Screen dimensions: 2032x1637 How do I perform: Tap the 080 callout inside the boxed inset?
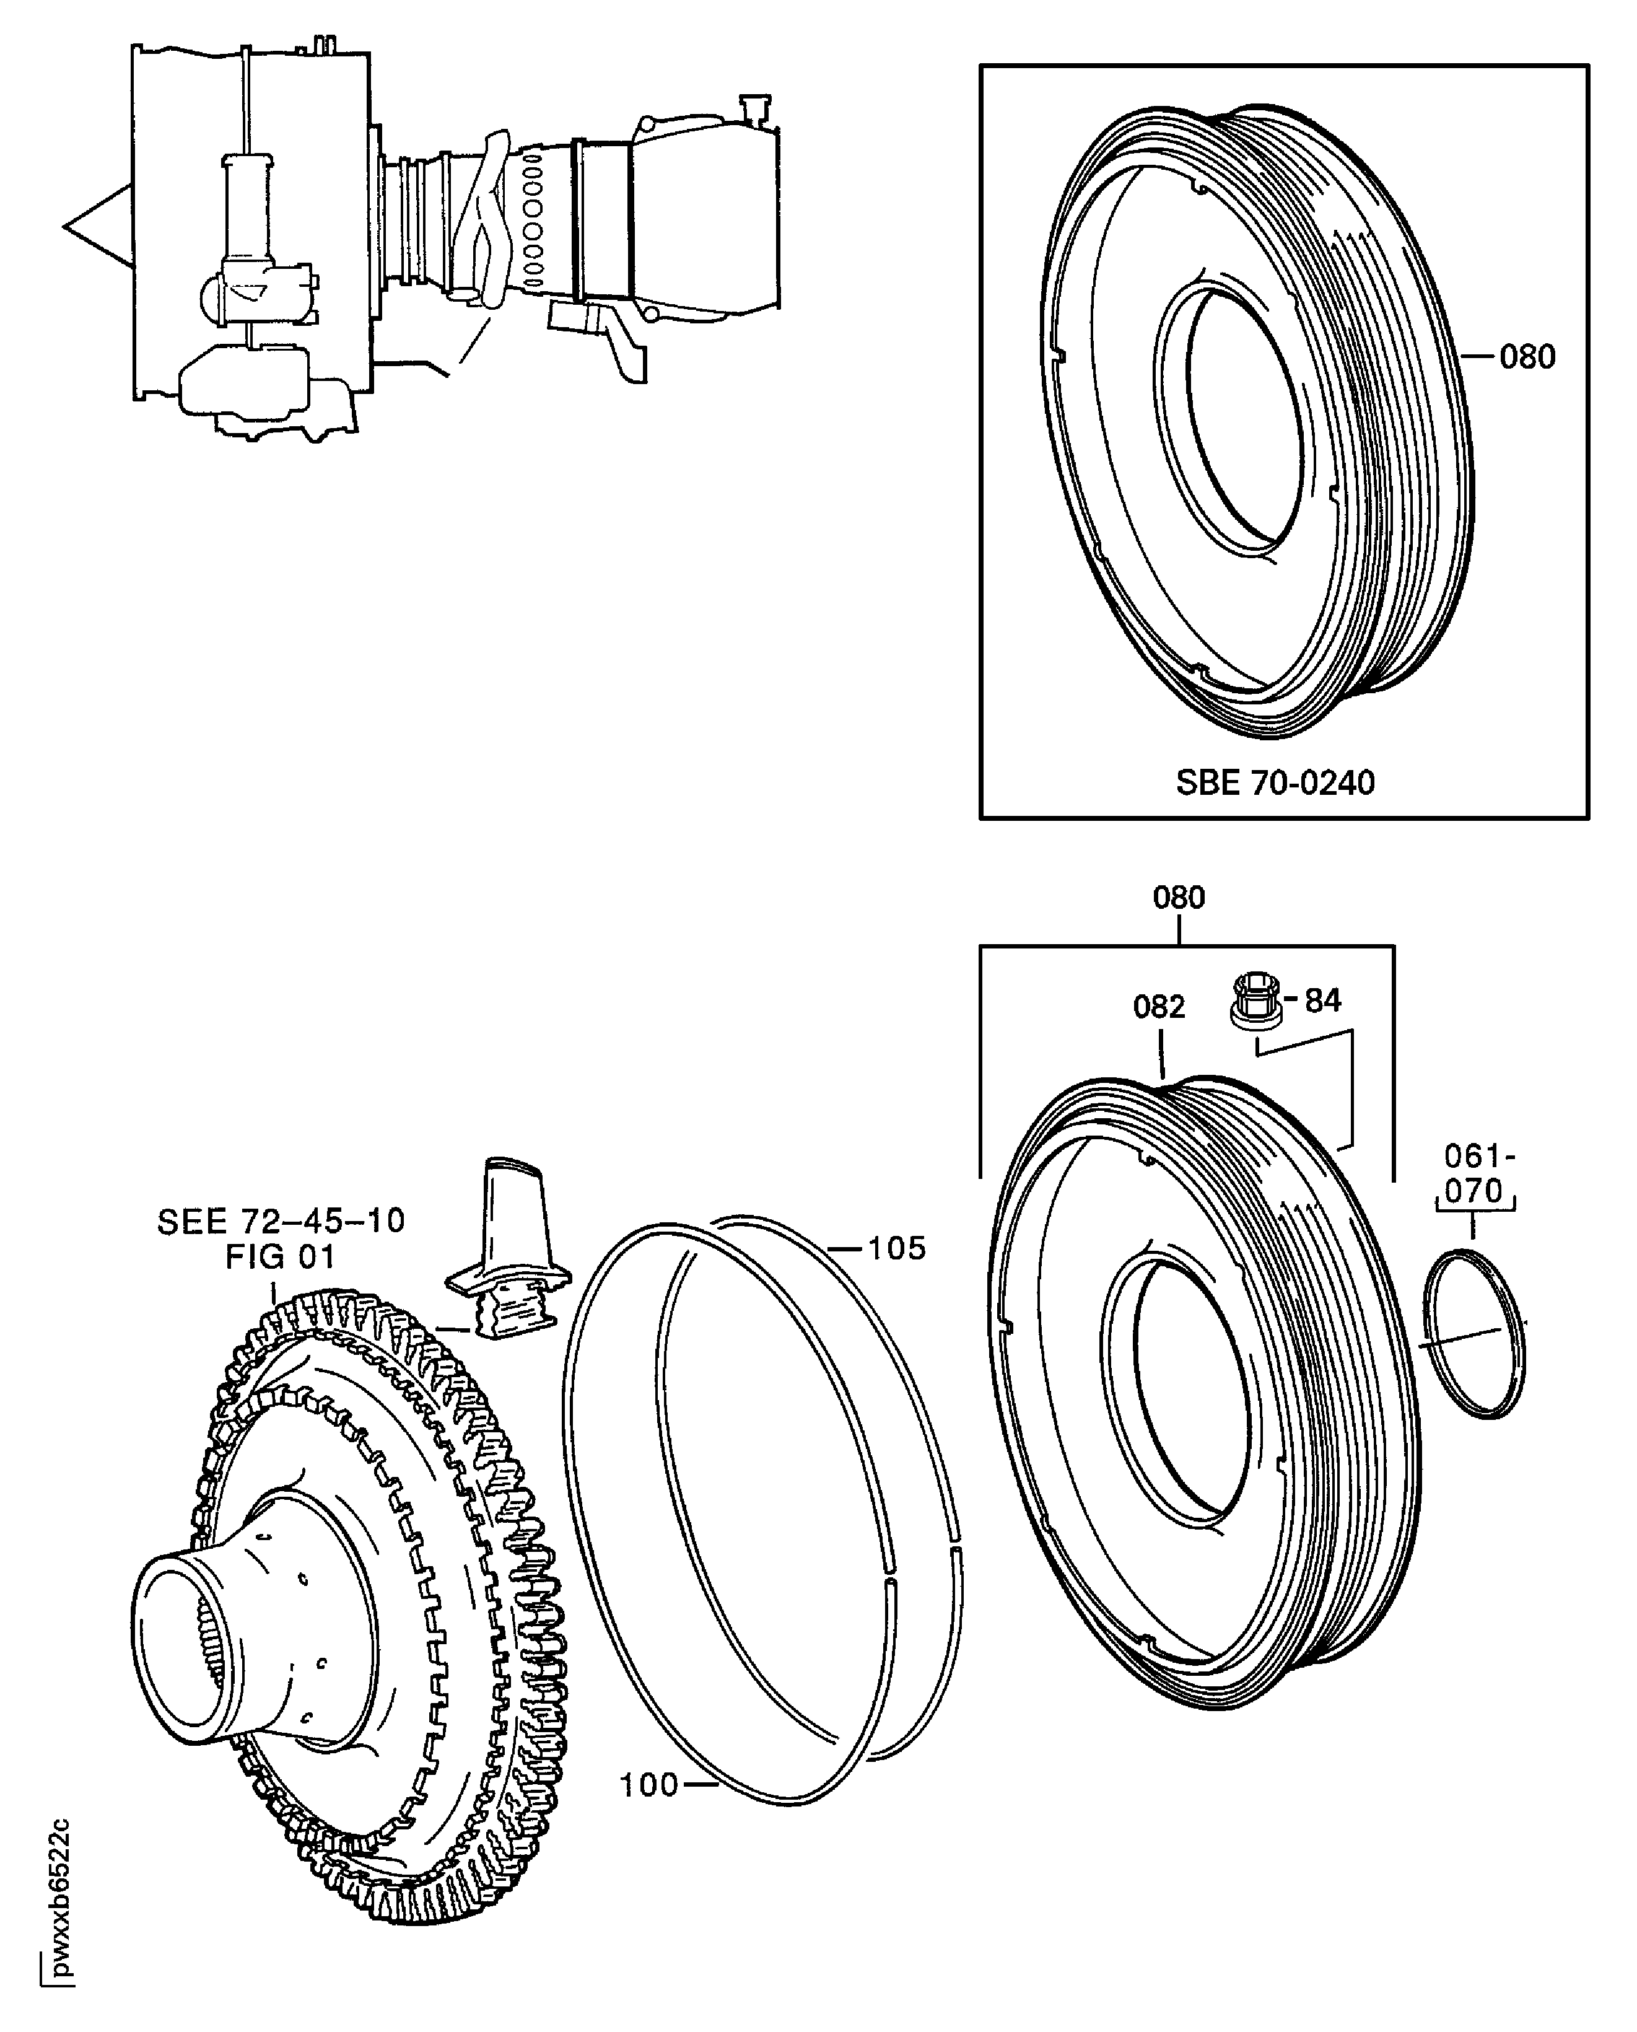click(1527, 357)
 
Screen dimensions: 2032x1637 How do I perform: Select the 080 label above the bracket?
click(1179, 898)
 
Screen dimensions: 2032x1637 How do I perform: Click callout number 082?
click(1158, 1007)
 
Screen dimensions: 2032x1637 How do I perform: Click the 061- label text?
click(1478, 1156)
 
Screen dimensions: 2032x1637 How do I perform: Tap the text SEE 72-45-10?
click(280, 1222)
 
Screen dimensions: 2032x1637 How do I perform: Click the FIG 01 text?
click(280, 1257)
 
